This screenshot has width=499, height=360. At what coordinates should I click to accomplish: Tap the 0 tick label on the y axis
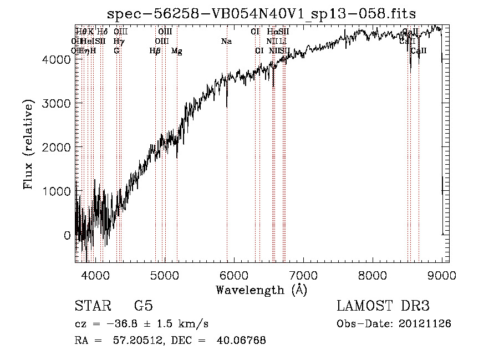click(x=67, y=235)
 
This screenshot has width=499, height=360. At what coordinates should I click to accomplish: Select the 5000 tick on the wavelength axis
click(x=164, y=275)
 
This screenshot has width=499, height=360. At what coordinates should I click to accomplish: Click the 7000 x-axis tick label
click(x=303, y=275)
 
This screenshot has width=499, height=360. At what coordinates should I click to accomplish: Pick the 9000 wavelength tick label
click(x=442, y=275)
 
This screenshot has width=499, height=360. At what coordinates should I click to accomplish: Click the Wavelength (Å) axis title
click(x=261, y=290)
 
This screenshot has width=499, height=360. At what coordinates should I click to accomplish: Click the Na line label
click(x=226, y=42)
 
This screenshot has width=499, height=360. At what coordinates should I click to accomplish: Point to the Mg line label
click(x=177, y=51)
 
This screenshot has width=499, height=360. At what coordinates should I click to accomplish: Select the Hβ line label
click(x=155, y=51)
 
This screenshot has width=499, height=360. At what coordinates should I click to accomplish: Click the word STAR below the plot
click(x=91, y=306)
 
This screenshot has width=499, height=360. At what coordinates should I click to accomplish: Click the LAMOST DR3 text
click(x=383, y=306)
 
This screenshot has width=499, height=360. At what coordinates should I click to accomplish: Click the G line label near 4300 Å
click(x=116, y=51)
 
